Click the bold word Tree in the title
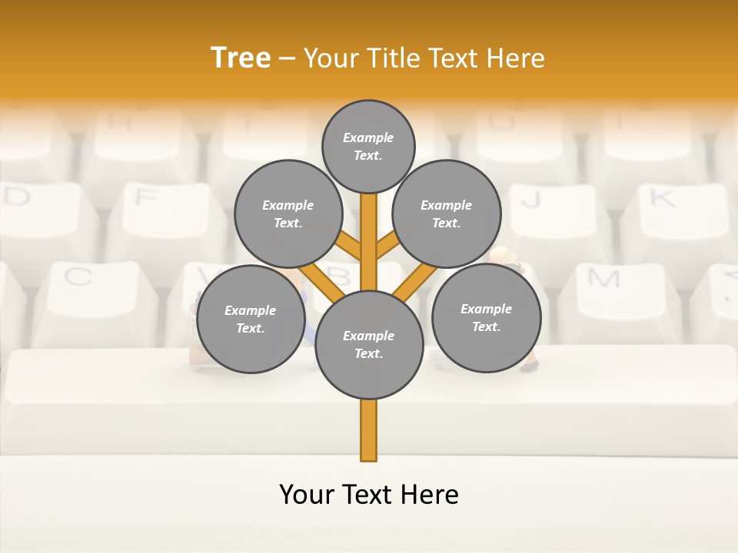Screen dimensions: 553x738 (x=241, y=58)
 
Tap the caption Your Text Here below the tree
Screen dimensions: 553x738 (x=369, y=495)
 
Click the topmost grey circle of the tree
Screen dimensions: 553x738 (x=368, y=146)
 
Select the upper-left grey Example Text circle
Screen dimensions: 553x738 (x=288, y=214)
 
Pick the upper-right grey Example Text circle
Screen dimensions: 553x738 (x=447, y=214)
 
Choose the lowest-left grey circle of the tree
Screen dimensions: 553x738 (x=251, y=319)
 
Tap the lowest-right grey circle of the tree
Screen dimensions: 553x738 (x=486, y=317)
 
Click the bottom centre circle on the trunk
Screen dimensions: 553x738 (x=369, y=344)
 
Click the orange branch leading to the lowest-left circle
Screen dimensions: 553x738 (x=321, y=281)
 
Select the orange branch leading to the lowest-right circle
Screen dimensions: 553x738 (x=415, y=281)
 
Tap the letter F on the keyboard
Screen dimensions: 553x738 (x=145, y=197)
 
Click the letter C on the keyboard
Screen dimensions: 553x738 (x=78, y=276)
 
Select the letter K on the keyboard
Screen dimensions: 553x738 (x=661, y=198)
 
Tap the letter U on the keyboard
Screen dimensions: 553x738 (x=500, y=121)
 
